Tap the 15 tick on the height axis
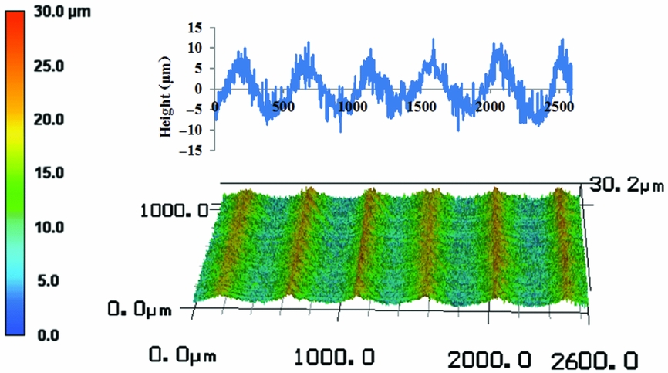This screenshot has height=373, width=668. [194, 28]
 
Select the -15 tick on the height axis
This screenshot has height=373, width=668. [191, 150]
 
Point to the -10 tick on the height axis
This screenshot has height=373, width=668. [191, 130]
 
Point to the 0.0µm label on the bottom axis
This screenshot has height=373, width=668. [182, 357]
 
